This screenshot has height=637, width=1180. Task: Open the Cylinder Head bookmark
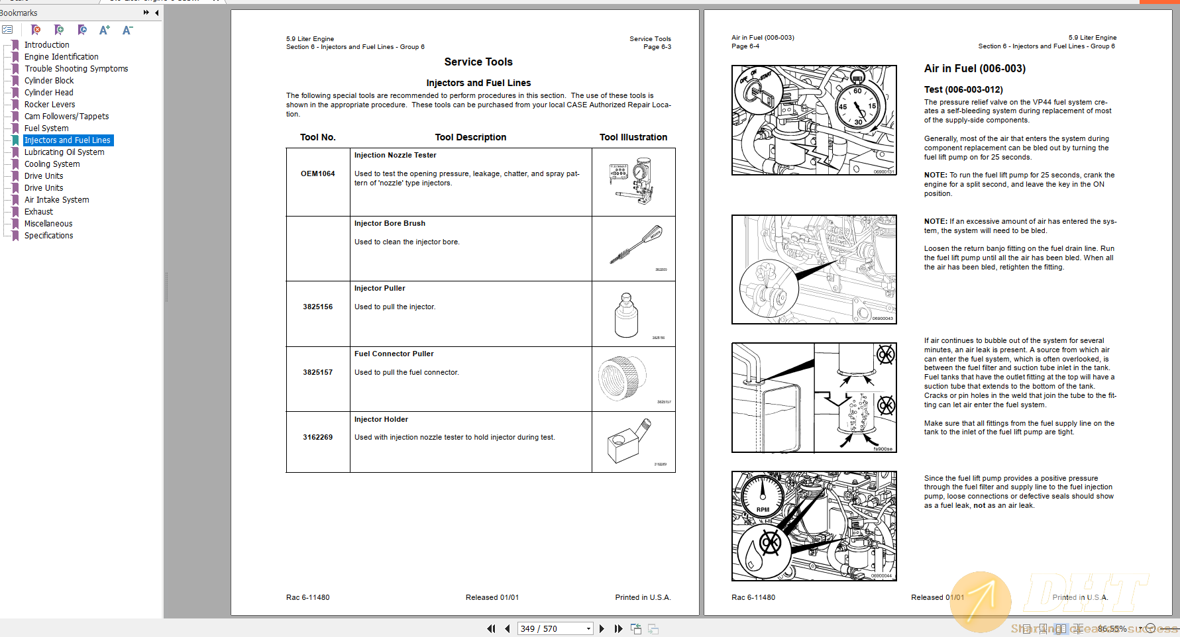(48, 93)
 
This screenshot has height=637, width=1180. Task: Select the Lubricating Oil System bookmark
(64, 152)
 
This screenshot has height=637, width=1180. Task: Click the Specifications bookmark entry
(48, 236)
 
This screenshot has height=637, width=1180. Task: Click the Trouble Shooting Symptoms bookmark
(76, 69)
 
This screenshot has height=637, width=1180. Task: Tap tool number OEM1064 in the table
(317, 174)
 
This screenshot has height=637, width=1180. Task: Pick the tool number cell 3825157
(317, 373)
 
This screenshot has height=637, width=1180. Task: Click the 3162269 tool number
(317, 438)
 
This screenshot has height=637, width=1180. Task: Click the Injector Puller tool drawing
(626, 315)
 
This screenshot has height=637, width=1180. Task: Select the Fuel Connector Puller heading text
(394, 354)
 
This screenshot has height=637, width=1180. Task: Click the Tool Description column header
(470, 138)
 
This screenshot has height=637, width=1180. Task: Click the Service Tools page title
(478, 62)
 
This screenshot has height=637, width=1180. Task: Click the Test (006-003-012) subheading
(963, 90)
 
